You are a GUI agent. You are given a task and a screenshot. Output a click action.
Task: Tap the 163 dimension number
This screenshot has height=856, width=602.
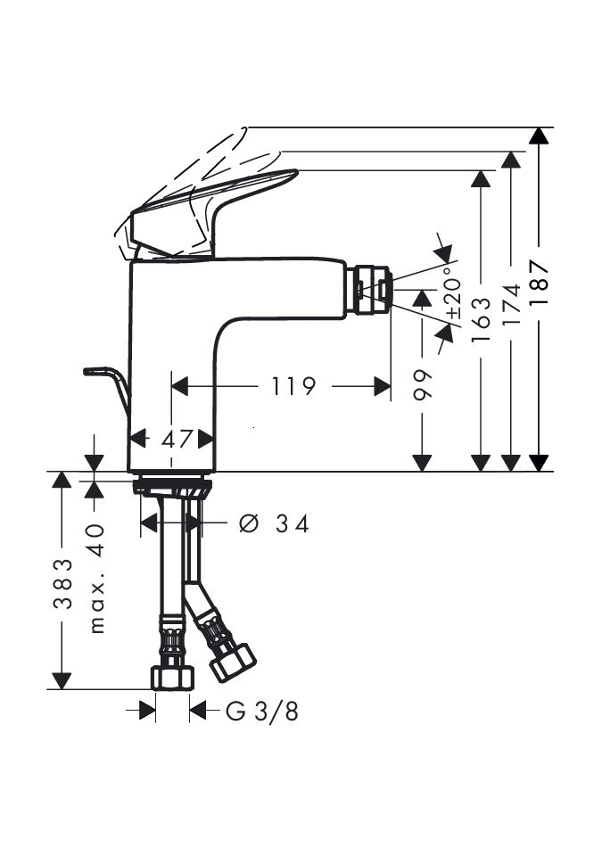click(x=482, y=316)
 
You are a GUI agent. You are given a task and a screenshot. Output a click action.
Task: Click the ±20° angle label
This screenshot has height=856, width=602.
click(x=452, y=296)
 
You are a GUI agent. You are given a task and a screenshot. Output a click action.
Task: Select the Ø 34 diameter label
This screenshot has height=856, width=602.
click(x=274, y=523)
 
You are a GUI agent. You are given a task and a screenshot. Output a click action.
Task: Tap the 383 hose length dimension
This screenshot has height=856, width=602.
click(x=62, y=583)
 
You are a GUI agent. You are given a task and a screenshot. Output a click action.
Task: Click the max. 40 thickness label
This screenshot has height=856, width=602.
click(x=97, y=578)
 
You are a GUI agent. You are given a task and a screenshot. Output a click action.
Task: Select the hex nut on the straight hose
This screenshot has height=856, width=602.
click(x=172, y=678)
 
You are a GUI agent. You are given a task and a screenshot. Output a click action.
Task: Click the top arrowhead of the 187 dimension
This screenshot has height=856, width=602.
click(x=537, y=136)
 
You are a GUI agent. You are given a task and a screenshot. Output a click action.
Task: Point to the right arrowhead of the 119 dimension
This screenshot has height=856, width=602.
click(x=383, y=386)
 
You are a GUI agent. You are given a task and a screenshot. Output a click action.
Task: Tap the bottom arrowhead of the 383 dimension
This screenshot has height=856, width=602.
click(x=62, y=681)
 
